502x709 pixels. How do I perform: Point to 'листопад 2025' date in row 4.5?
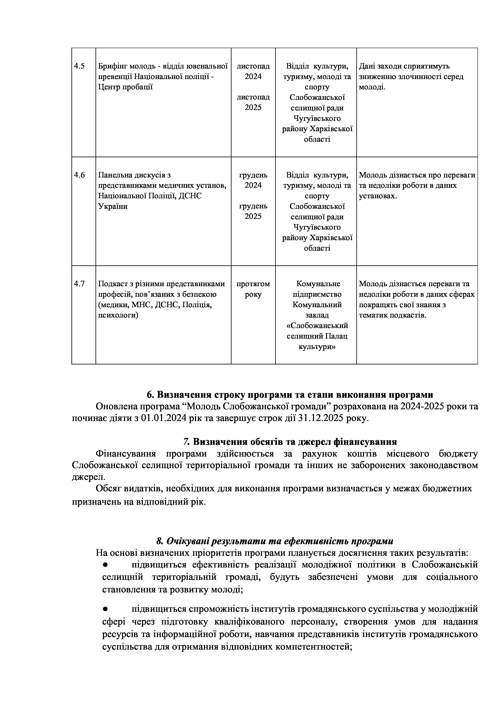pyautogui.click(x=253, y=102)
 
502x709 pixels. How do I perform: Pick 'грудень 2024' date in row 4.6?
pyautogui.click(x=253, y=180)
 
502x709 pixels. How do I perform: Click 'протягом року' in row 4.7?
pyautogui.click(x=253, y=289)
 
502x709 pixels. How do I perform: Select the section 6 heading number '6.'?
pyautogui.click(x=150, y=395)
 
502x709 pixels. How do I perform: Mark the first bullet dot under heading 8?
pyautogui.click(x=105, y=565)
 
